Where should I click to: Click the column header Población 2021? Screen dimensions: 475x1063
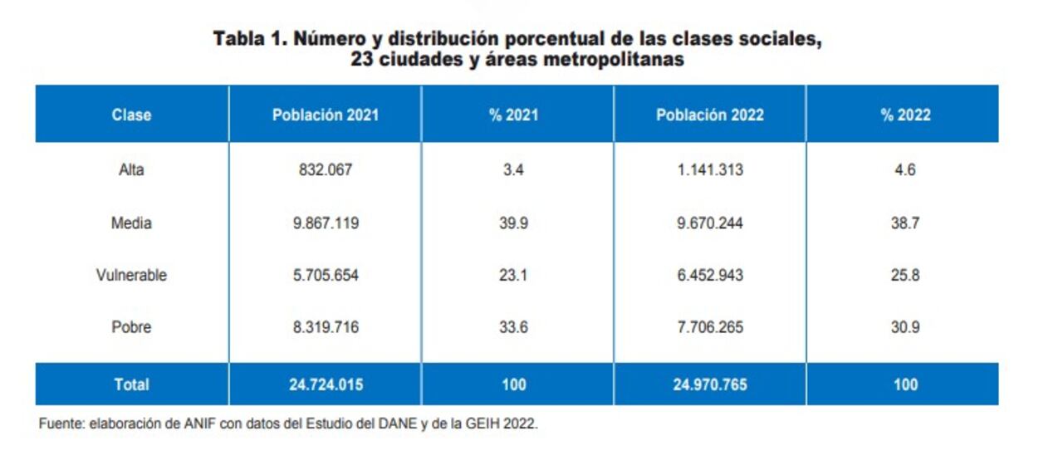(x=325, y=115)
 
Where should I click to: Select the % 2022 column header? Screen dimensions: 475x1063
(x=905, y=115)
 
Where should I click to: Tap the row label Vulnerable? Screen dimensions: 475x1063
(x=131, y=275)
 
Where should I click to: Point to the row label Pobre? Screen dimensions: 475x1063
(x=131, y=327)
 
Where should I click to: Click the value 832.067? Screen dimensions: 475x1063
(x=325, y=170)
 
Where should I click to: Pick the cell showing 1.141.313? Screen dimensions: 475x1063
(x=709, y=170)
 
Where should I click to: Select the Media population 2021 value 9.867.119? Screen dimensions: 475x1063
(x=325, y=223)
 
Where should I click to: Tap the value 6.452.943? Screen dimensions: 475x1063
(x=709, y=275)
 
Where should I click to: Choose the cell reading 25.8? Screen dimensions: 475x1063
(x=905, y=275)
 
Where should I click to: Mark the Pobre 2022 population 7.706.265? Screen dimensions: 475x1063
(x=709, y=327)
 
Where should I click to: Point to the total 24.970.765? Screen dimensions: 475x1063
(x=709, y=384)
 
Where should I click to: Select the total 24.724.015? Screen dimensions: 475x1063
(x=325, y=384)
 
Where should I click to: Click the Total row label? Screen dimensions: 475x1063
(x=131, y=384)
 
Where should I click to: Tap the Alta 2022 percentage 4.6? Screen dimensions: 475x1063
(x=905, y=170)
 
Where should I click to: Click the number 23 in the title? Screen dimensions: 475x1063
(x=363, y=60)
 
